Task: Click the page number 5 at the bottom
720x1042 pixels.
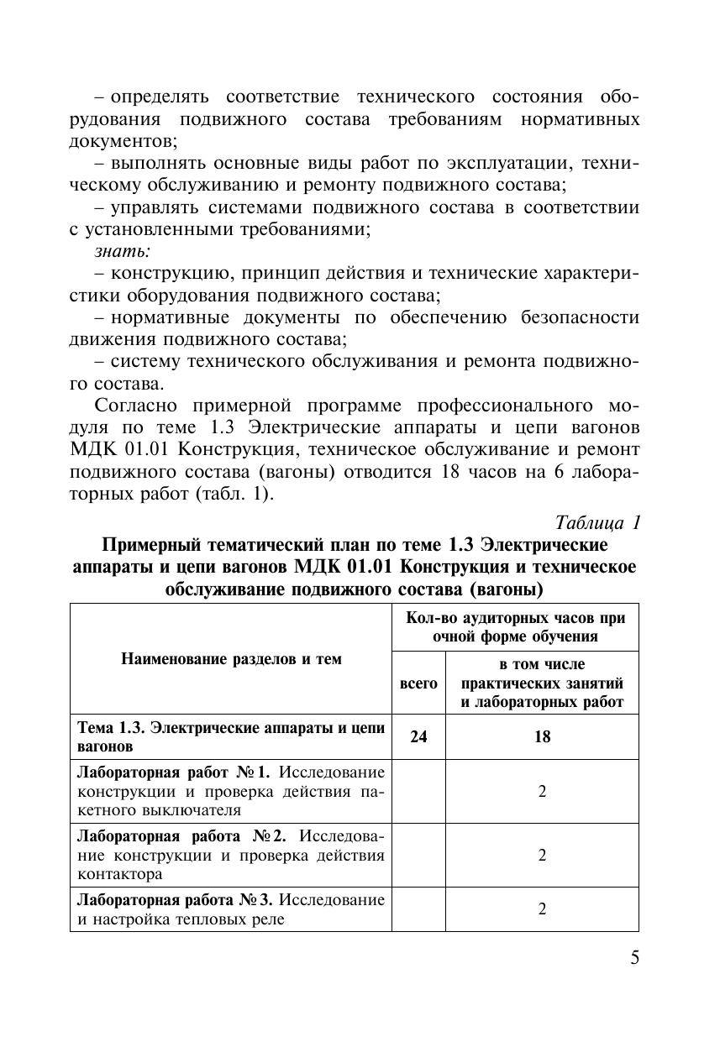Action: [x=634, y=958]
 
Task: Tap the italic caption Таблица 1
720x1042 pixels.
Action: [x=599, y=522]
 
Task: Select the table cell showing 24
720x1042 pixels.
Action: [x=418, y=737]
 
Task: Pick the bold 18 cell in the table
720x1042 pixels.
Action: [x=542, y=737]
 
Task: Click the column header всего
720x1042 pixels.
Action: [x=418, y=683]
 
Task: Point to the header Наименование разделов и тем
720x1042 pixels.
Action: [x=231, y=659]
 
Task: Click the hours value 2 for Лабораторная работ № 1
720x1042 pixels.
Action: [x=542, y=791]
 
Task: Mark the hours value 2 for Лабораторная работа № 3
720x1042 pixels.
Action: [x=542, y=909]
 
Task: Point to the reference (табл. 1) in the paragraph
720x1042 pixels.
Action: [x=234, y=494]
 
